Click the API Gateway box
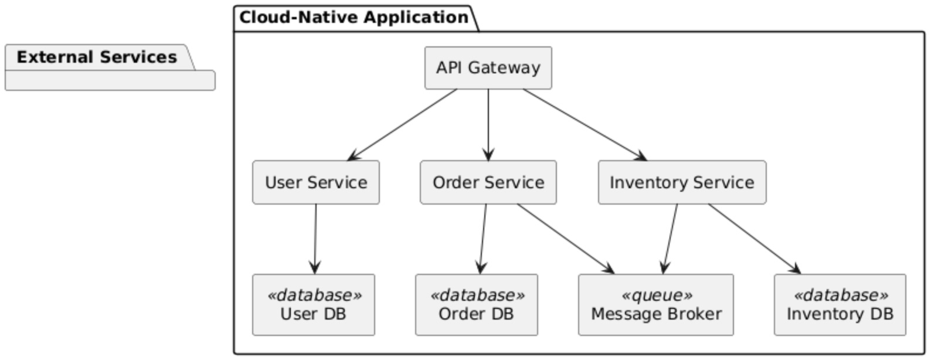(488, 68)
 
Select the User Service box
(316, 182)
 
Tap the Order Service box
(488, 182)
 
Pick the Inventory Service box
(682, 182)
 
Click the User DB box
(314, 305)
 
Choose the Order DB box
(476, 305)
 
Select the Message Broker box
(655, 305)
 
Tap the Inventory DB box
(840, 305)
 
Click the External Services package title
(97, 57)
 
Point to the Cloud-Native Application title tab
(354, 18)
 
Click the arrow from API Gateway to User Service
(403, 124)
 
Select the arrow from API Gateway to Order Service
(488, 124)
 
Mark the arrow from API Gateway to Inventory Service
(585, 124)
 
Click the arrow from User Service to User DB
(315, 239)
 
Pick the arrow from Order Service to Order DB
(483, 239)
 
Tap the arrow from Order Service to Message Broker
(565, 239)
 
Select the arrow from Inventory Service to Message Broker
(670, 239)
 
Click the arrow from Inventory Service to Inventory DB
(754, 239)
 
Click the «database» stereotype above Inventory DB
(841, 295)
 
